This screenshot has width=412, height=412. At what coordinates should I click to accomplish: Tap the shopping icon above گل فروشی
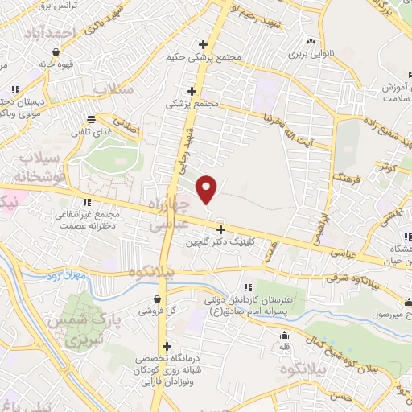click(156, 298)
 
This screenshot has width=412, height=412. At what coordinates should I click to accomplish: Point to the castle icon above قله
click(283, 336)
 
